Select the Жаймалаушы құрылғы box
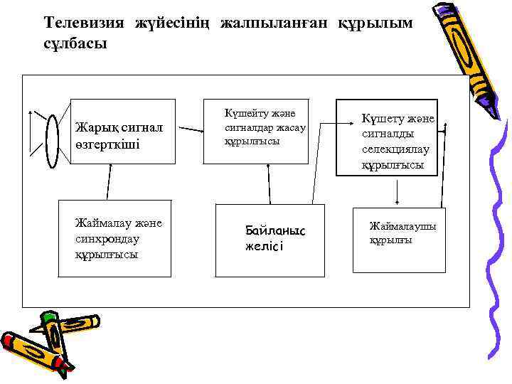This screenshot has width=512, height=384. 399,240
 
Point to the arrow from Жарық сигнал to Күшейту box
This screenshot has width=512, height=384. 190,130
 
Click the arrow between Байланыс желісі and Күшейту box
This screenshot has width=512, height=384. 269,183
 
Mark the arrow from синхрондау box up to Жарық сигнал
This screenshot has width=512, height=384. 110,181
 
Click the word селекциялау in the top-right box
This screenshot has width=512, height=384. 396,149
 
